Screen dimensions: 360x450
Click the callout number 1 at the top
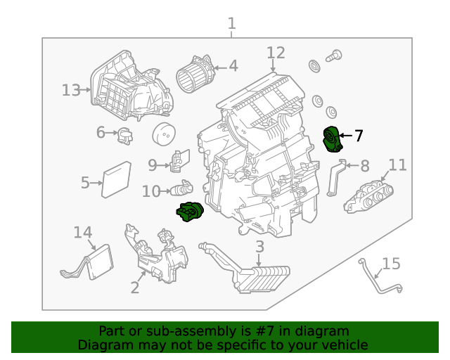click(x=232, y=25)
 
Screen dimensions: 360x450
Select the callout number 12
click(x=276, y=53)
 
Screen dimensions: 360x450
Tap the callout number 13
click(x=71, y=90)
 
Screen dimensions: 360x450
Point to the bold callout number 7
click(x=359, y=136)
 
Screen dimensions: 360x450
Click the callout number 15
click(x=391, y=264)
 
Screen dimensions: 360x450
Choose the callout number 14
click(x=83, y=233)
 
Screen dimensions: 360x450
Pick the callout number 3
click(x=259, y=247)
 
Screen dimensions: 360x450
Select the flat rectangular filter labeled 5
click(x=117, y=180)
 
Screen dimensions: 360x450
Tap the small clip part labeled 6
click(x=124, y=134)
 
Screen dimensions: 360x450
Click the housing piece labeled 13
click(x=130, y=85)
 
